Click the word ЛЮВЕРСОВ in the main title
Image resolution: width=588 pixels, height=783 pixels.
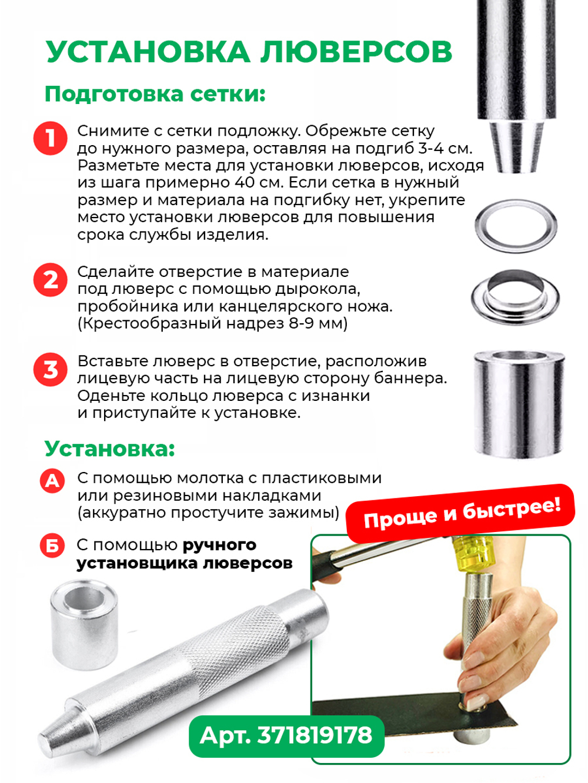(356, 52)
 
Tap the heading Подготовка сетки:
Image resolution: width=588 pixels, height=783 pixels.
(155, 94)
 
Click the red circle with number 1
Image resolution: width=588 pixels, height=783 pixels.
(51, 139)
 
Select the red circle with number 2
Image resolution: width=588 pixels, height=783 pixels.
(51, 280)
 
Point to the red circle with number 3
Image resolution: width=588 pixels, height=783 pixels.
(51, 370)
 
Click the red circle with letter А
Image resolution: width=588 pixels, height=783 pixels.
(52, 481)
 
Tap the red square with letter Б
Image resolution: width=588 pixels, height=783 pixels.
(52, 546)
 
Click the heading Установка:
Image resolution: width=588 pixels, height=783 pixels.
(110, 449)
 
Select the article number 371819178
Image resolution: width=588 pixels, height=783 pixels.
(315, 735)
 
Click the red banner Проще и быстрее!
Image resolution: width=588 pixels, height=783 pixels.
(460, 513)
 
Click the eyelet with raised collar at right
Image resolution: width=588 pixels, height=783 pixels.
(515, 297)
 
